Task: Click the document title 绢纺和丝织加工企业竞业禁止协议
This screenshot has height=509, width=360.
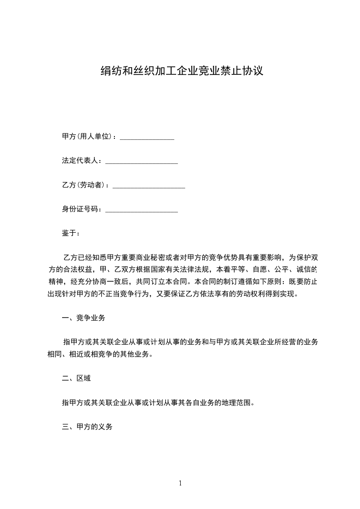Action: click(182, 71)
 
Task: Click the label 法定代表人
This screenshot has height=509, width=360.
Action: click(80, 161)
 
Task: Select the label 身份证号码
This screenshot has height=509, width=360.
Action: click(80, 209)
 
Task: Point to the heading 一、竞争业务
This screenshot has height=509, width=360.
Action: click(84, 318)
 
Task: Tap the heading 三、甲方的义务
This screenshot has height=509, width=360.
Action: click(87, 427)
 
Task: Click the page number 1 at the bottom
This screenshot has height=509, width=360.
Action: click(180, 483)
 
